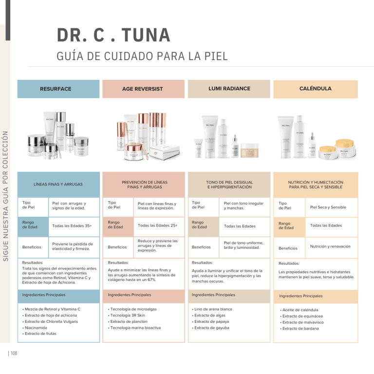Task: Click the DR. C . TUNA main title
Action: [x=113, y=35]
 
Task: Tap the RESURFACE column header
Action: [x=56, y=89]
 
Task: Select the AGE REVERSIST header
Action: [x=142, y=89]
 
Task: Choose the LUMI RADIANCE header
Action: [x=229, y=89]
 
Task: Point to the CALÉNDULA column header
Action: [x=315, y=89]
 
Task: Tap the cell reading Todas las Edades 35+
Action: [x=72, y=226]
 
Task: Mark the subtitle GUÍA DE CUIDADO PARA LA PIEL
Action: [x=142, y=56]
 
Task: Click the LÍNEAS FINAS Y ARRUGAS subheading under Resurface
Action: [x=58, y=185]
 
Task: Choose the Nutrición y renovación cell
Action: [x=330, y=246]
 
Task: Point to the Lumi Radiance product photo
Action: [x=228, y=137]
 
